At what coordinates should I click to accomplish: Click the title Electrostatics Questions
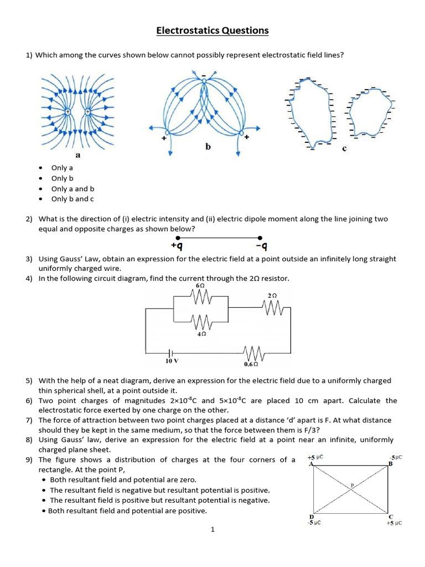click(212, 30)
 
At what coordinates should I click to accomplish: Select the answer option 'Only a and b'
click(72, 189)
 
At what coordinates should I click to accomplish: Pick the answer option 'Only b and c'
click(72, 199)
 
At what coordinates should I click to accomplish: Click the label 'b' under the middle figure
click(208, 147)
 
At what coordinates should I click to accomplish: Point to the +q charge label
click(177, 245)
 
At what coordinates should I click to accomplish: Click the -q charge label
click(262, 245)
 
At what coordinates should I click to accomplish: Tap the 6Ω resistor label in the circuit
click(201, 286)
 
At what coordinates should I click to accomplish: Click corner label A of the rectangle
click(310, 464)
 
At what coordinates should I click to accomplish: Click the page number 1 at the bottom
click(212, 529)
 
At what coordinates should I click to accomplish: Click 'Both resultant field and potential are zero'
click(123, 480)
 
